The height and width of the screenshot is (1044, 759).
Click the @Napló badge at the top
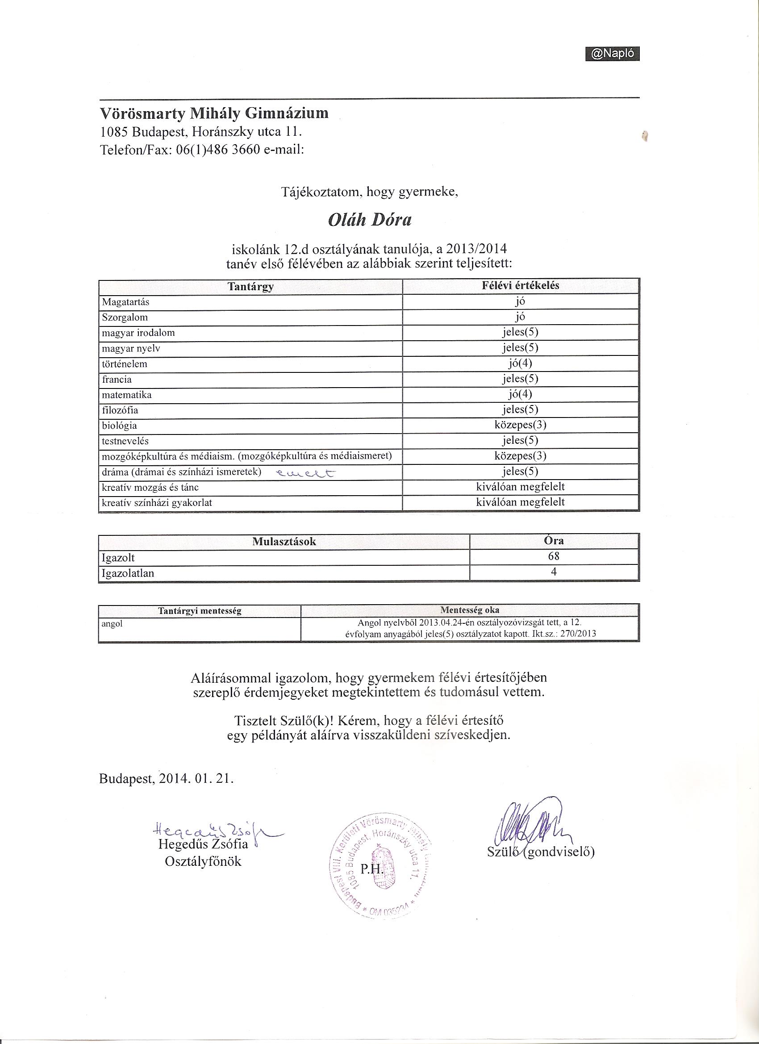pyautogui.click(x=612, y=54)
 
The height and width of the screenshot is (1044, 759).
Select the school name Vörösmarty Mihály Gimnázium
pyautogui.click(x=214, y=113)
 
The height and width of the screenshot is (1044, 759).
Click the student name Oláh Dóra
pyautogui.click(x=370, y=221)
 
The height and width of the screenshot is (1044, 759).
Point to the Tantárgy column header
pyautogui.click(x=250, y=286)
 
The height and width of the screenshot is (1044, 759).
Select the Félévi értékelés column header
pyautogui.click(x=521, y=285)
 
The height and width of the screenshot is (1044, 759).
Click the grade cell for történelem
pyautogui.click(x=520, y=363)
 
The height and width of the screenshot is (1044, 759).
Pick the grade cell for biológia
pyautogui.click(x=520, y=425)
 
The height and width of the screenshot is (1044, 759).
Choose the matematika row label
pyautogui.click(x=127, y=395)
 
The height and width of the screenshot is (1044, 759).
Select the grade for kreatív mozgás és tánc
pyautogui.click(x=520, y=487)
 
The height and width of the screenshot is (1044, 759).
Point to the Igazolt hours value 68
pyautogui.click(x=554, y=556)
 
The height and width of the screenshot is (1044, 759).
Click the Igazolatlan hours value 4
pyautogui.click(x=554, y=572)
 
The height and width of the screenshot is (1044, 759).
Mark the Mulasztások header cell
pyautogui.click(x=284, y=541)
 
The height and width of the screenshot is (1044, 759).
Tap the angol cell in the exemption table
pyautogui.click(x=112, y=625)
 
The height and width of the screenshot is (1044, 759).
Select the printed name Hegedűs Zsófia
pyautogui.click(x=203, y=844)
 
